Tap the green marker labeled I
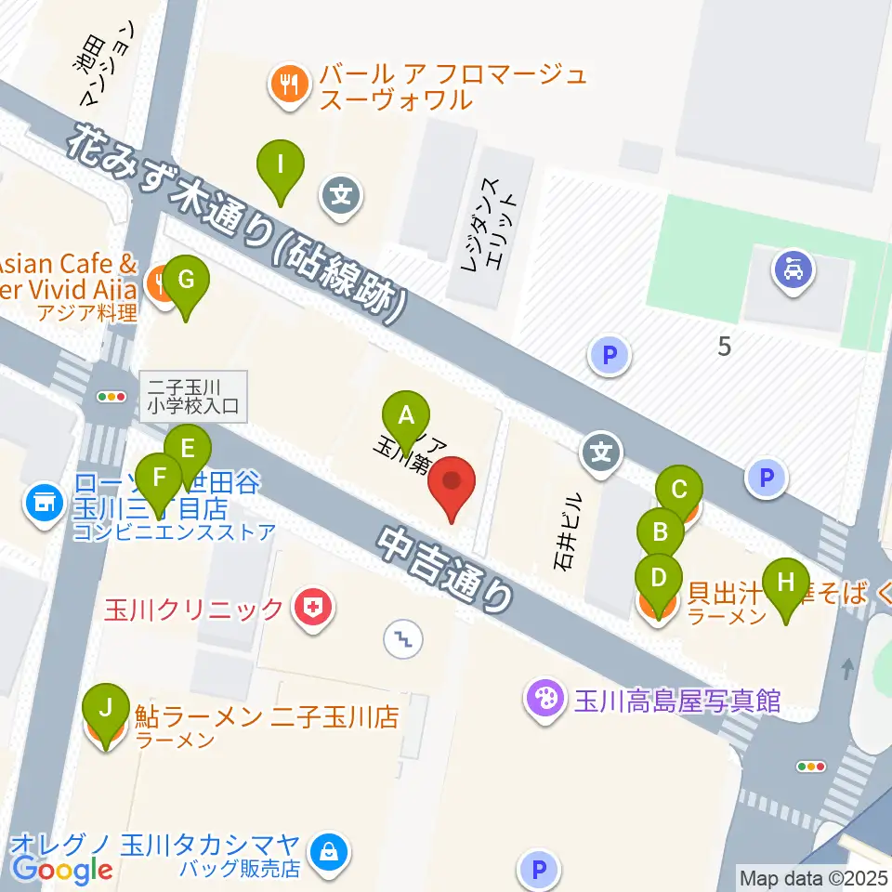point(280,165)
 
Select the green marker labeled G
point(186,281)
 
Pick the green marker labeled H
point(786,584)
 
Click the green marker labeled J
point(107,710)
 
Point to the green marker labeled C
point(679,490)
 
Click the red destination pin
point(453,483)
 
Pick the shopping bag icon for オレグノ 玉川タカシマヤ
point(327,849)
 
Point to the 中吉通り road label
point(447,570)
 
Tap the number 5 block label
point(725,348)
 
